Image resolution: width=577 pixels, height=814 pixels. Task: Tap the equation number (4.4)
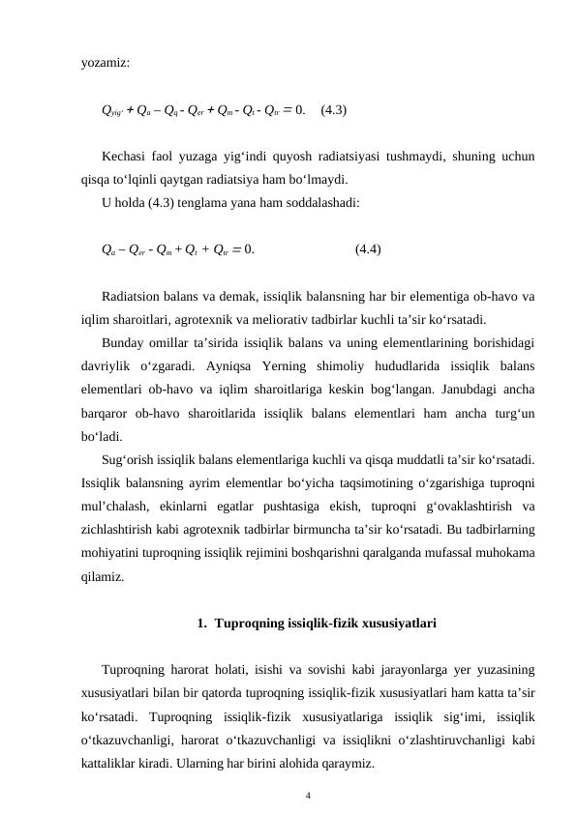coord(368,248)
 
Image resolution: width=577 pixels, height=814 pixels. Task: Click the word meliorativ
coord(320,318)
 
